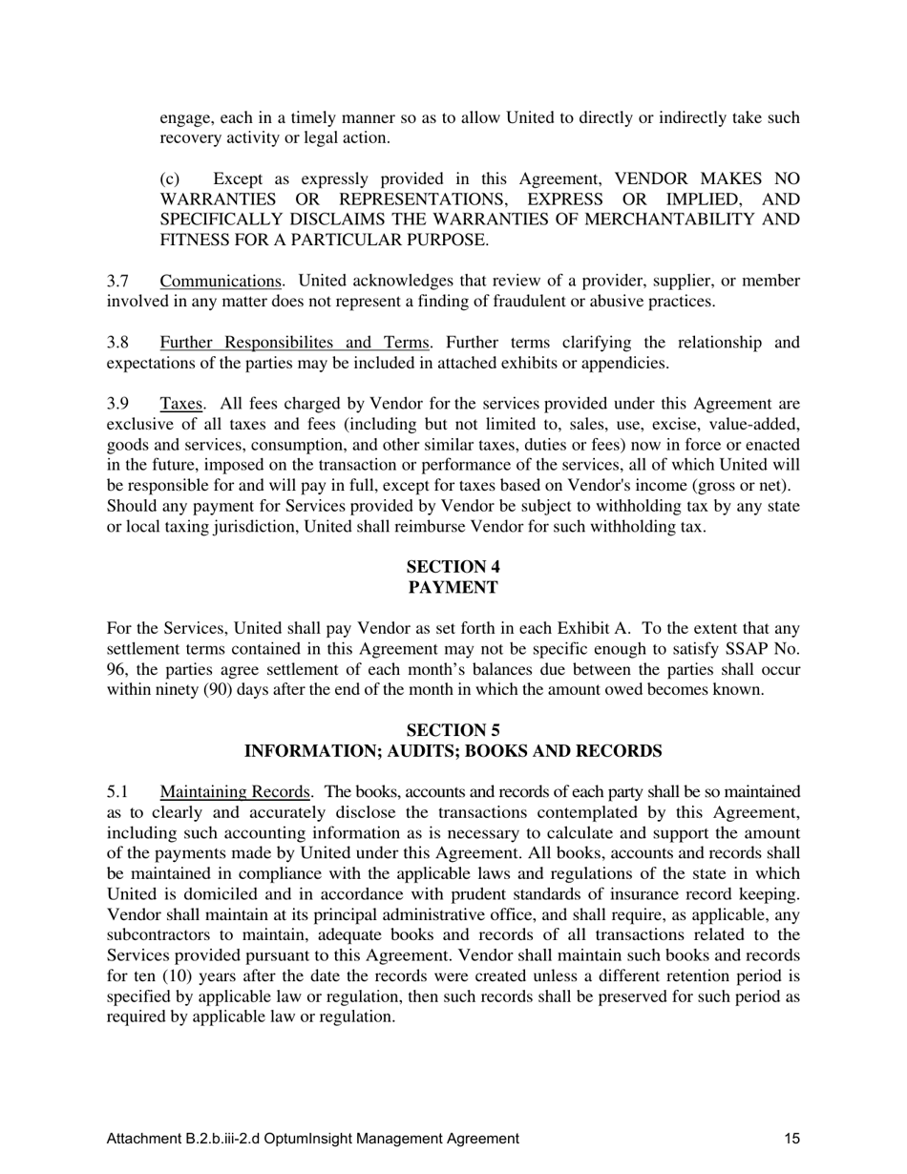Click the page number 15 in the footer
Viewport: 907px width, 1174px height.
(791, 1138)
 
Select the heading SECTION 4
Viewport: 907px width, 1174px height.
(453, 567)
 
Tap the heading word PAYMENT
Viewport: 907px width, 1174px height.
(453, 588)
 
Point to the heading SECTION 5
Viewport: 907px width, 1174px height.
(453, 731)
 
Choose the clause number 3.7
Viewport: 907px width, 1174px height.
(117, 281)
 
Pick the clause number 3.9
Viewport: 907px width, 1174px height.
(117, 404)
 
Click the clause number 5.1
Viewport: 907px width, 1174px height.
(117, 791)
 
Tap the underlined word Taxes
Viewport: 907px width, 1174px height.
(181, 404)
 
